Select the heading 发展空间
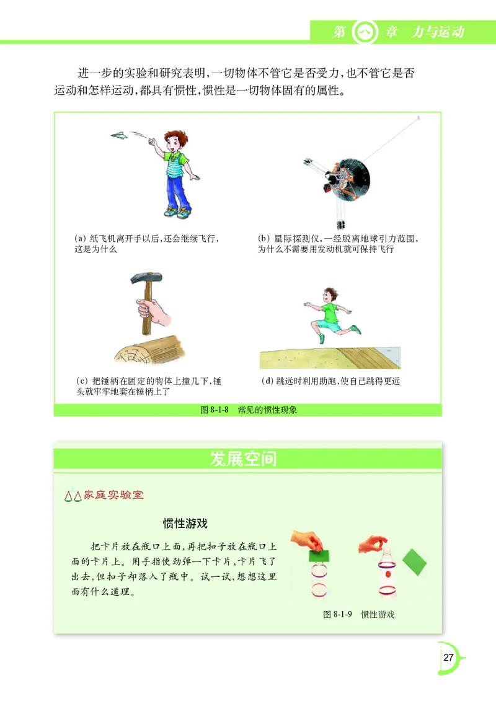[x=243, y=459]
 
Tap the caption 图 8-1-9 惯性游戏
[x=358, y=614]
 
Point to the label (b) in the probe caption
[x=263, y=238]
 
